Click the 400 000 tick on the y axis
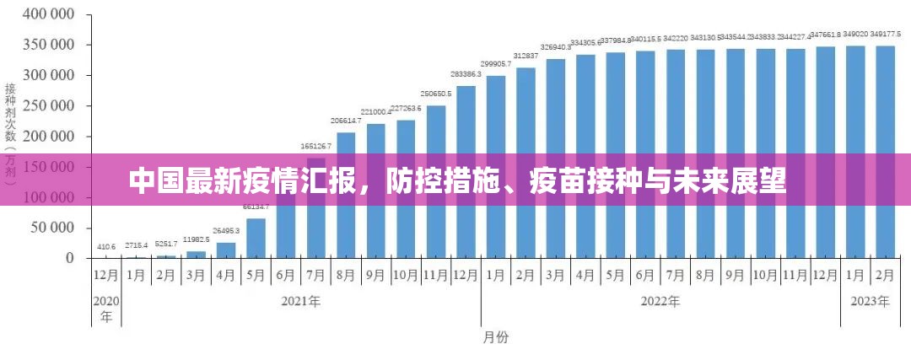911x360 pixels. pos(48,15)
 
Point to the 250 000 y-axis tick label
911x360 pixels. pos(48,106)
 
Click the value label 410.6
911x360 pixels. pos(106,247)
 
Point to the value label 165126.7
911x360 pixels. pos(316,147)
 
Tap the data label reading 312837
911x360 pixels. pos(526,56)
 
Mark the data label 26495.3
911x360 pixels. pos(226,231)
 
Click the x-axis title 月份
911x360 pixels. pos(495,337)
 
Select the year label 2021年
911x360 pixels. pos(301,301)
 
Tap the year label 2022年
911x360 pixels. pos(660,301)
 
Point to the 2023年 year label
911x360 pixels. pos(871,301)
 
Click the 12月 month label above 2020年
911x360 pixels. pos(106,275)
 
